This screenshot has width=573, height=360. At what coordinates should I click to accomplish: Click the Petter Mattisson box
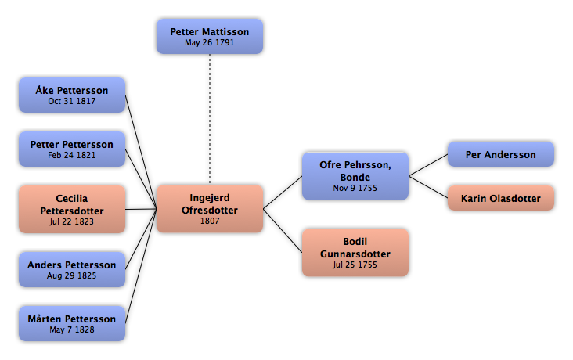point(210,37)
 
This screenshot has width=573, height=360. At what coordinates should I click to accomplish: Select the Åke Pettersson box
point(72,95)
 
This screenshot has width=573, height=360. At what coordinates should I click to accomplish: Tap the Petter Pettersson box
point(72,149)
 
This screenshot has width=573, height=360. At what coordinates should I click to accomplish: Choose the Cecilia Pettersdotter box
point(72,209)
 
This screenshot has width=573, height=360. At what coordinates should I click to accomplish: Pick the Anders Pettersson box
point(72,269)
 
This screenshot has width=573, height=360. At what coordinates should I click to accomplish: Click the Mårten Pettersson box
point(72,323)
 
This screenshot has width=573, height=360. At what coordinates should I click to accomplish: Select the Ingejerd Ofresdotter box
point(210,209)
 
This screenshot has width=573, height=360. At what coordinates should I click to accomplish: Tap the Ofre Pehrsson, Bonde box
point(355,176)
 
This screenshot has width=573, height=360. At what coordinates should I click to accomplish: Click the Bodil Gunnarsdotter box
point(355,253)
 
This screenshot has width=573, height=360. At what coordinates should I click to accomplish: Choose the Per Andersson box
point(501,154)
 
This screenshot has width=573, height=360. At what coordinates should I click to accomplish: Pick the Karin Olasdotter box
point(501,198)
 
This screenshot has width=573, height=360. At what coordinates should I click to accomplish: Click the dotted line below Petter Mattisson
point(210,119)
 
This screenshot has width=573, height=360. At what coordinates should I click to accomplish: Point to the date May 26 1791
point(209,42)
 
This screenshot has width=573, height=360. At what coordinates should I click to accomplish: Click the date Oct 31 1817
point(72,101)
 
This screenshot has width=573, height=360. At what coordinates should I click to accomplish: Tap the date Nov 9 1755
point(355,188)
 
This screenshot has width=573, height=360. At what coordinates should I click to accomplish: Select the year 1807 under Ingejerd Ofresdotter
point(210,221)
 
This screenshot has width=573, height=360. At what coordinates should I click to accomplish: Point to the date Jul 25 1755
point(355,265)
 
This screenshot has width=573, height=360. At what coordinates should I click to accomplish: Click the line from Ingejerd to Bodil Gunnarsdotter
point(283,231)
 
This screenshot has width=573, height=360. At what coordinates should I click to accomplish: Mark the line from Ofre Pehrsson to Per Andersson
point(428,165)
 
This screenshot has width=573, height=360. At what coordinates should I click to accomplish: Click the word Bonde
point(355,177)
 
